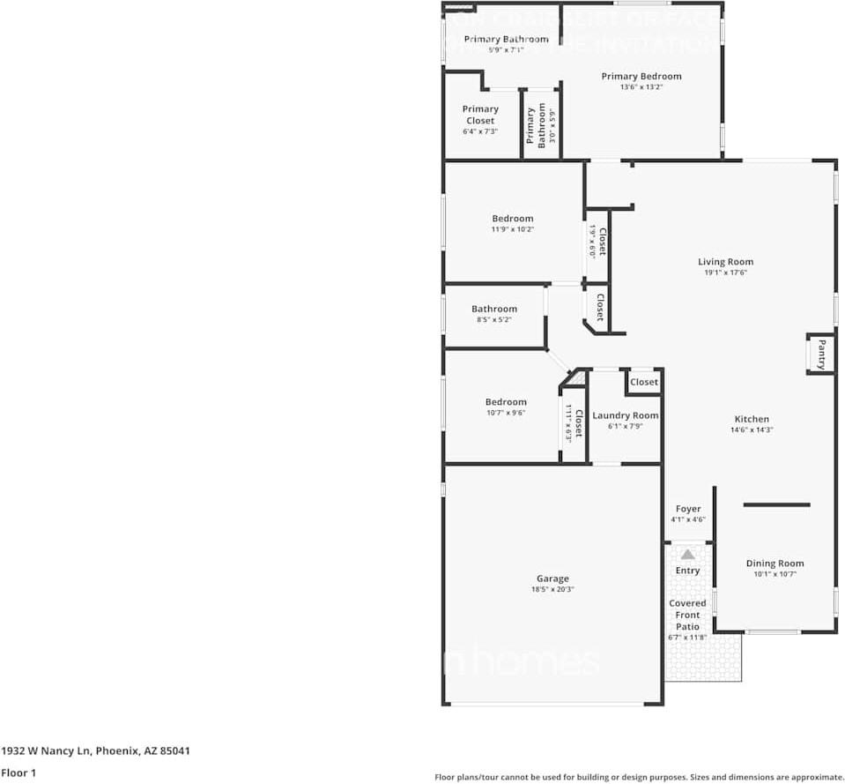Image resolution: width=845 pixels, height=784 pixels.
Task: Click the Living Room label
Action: pyautogui.click(x=725, y=262)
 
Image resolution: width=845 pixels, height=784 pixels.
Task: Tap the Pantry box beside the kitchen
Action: pyautogui.click(x=821, y=355)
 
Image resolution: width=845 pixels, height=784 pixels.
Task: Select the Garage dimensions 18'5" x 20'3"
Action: pyautogui.click(x=552, y=590)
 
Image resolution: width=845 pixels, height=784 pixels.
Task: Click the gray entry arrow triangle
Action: pyautogui.click(x=687, y=554)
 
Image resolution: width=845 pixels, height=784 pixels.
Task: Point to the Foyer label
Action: pyautogui.click(x=688, y=509)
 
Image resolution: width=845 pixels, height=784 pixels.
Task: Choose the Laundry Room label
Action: pyautogui.click(x=626, y=415)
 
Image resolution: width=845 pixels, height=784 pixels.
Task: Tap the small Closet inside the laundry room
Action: pyautogui.click(x=644, y=383)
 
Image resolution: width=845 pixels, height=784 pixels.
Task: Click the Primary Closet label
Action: pyautogui.click(x=480, y=115)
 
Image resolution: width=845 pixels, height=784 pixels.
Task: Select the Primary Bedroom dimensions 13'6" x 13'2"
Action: pyautogui.click(x=641, y=87)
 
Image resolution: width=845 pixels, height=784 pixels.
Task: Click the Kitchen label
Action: pyautogui.click(x=752, y=419)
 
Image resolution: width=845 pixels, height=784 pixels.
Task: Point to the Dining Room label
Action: pyautogui.click(x=775, y=564)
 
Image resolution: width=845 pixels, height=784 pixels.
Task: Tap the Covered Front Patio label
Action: pyautogui.click(x=687, y=615)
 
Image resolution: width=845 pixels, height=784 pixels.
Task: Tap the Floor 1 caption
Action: pyautogui.click(x=19, y=773)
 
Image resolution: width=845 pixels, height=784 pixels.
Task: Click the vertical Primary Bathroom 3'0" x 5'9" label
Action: pyautogui.click(x=536, y=127)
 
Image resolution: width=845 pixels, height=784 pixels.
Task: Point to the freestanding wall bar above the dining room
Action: pyautogui.click(x=776, y=505)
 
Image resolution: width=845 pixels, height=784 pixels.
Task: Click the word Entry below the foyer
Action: pyautogui.click(x=687, y=571)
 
